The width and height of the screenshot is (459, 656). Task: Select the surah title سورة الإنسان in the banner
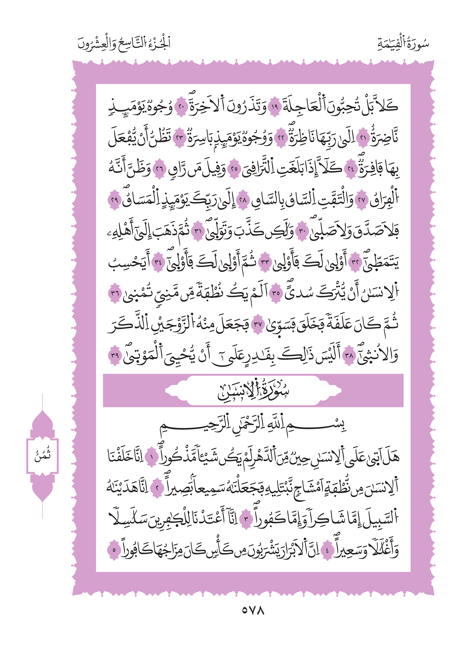coord(253,391)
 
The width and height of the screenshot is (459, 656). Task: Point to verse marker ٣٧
coord(258,324)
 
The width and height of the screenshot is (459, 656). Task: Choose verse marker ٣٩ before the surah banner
coord(115,355)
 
